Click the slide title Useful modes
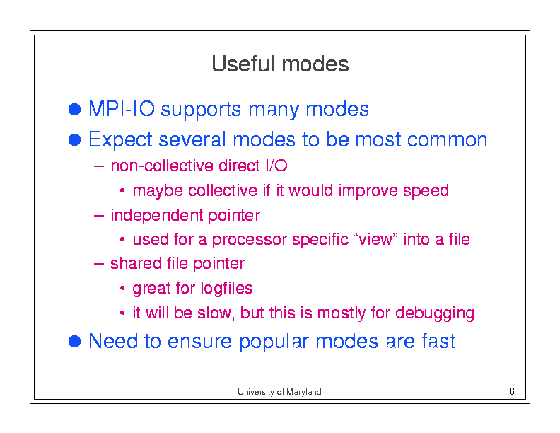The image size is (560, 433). [280, 64]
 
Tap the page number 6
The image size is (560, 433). [511, 391]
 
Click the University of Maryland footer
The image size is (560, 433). [279, 392]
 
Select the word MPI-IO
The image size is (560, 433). [122, 109]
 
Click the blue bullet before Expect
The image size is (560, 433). [75, 139]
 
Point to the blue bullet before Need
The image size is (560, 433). [75, 341]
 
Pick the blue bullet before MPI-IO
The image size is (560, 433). [75, 109]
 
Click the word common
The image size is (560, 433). [447, 139]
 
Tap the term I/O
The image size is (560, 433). [276, 166]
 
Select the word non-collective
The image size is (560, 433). [162, 166]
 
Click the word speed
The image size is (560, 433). [426, 191]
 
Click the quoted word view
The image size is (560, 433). [375, 239]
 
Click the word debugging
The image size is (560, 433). [435, 313]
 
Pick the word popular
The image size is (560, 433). [274, 342]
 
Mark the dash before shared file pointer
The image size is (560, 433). [98, 264]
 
